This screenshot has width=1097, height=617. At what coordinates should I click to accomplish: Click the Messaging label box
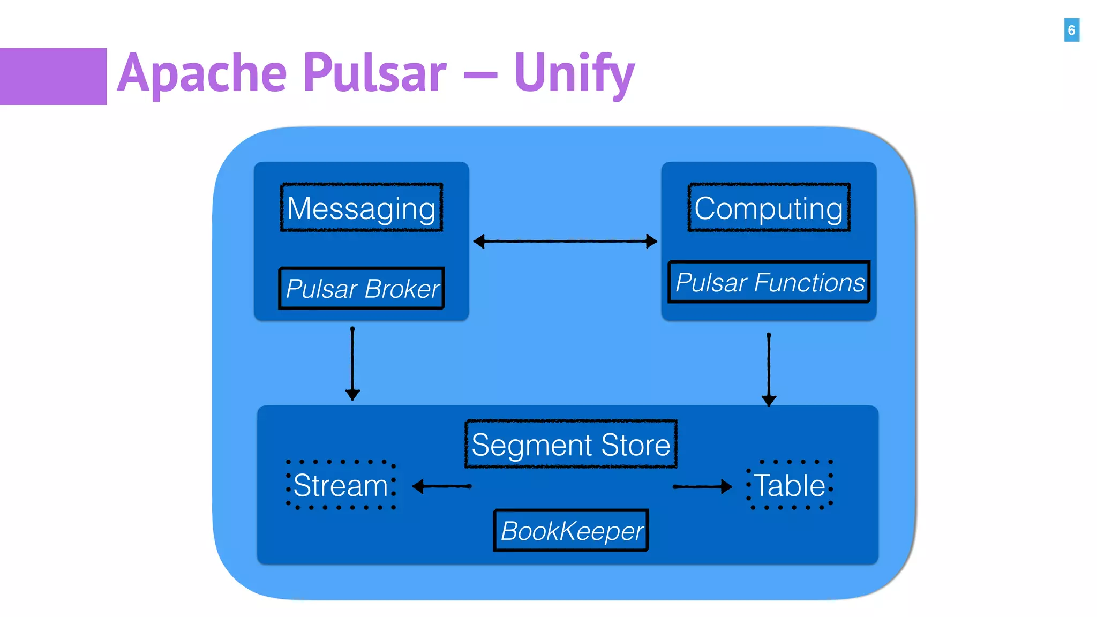coord(362,208)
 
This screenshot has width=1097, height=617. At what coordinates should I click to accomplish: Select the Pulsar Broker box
coord(362,289)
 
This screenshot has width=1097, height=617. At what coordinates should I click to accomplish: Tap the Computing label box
coord(769,208)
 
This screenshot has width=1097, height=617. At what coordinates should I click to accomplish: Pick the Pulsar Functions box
coord(769,282)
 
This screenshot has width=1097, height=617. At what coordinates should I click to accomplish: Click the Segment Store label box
coord(570,444)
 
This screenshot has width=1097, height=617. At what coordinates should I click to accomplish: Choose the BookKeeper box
coord(571,530)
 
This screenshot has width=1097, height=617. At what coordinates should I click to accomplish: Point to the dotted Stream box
coord(341,485)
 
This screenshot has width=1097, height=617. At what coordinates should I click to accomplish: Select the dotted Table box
coord(790,485)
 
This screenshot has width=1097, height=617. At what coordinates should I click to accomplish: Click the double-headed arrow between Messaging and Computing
coord(565,241)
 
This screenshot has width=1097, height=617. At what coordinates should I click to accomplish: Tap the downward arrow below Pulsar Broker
coord(352,364)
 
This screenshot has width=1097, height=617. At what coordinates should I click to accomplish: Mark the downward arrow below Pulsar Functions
coord(769,370)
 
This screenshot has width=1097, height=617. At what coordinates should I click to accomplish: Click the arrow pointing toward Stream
coord(442,486)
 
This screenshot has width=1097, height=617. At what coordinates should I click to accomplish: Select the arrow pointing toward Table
coord(702,486)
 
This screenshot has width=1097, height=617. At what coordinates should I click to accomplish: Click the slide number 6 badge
coord(1071,30)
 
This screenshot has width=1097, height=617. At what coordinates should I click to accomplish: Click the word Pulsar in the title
coord(374,72)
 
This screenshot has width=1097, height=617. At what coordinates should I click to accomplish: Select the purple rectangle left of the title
coord(53,76)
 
